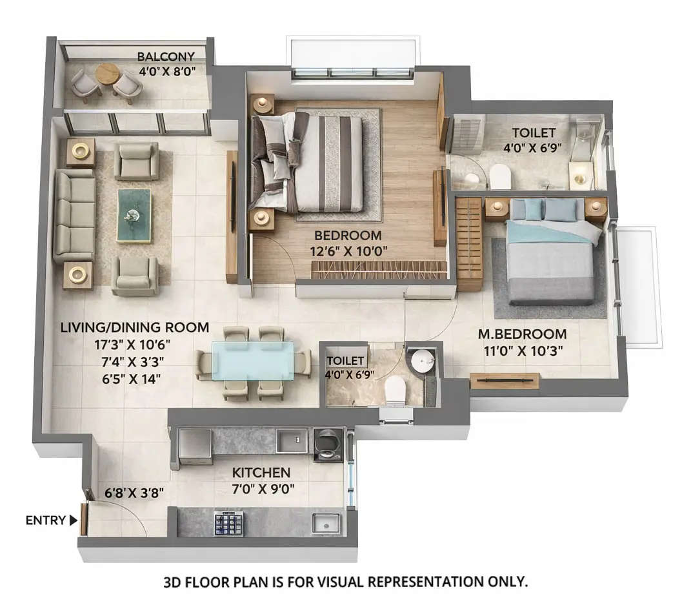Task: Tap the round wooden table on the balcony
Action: click(x=107, y=74)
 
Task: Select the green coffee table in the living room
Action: click(x=134, y=215)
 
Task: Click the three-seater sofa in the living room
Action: click(x=74, y=216)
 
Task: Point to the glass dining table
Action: click(x=252, y=360)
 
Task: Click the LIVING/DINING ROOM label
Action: click(x=134, y=327)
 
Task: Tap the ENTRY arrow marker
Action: click(x=73, y=520)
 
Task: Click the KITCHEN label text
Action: click(x=261, y=473)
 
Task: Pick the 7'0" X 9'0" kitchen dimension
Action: click(x=263, y=489)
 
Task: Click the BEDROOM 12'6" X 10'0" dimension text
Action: click(x=348, y=251)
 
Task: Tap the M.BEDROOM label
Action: click(x=522, y=334)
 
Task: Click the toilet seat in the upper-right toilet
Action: click(x=500, y=175)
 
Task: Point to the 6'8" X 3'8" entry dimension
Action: click(x=134, y=493)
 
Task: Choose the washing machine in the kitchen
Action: click(x=328, y=444)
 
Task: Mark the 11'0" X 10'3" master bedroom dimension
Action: click(x=522, y=351)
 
